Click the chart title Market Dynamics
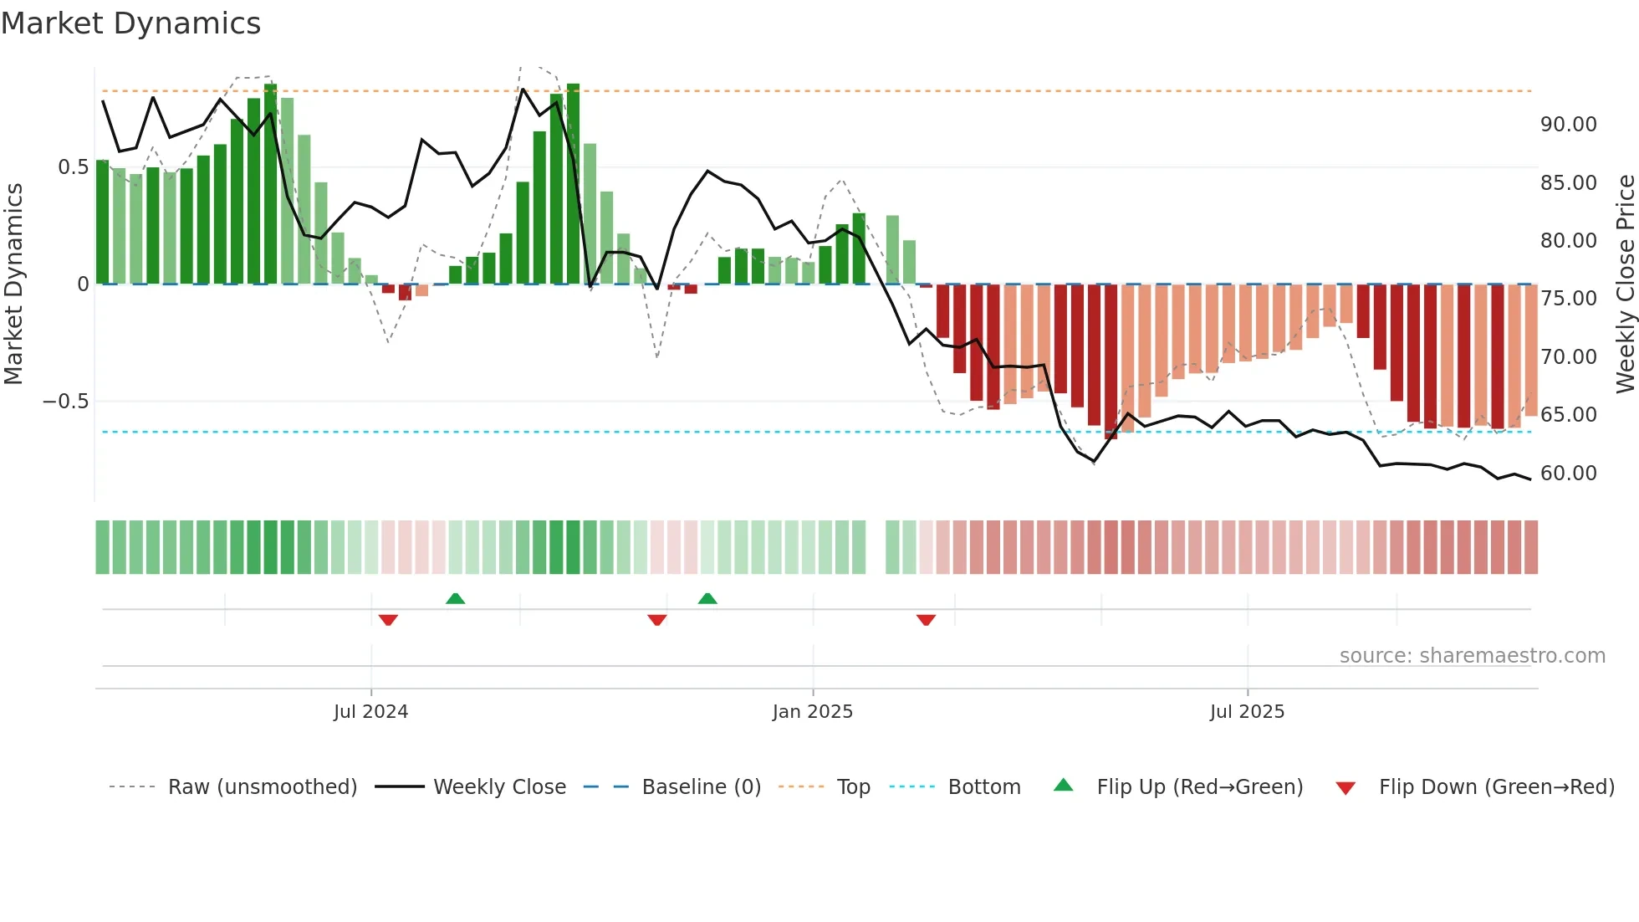click(x=130, y=23)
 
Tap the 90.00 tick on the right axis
click(x=1568, y=125)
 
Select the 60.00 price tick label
click(x=1568, y=474)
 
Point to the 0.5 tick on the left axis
click(x=73, y=167)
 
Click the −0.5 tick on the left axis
click(x=65, y=402)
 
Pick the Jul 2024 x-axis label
click(x=370, y=712)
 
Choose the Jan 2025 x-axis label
click(x=812, y=712)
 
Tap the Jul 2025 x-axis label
click(x=1246, y=712)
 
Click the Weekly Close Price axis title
click(x=1625, y=284)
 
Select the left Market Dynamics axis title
click(x=13, y=284)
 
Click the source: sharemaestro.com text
click(x=1472, y=656)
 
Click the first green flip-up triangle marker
click(x=455, y=598)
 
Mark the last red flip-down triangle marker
click(x=926, y=620)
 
